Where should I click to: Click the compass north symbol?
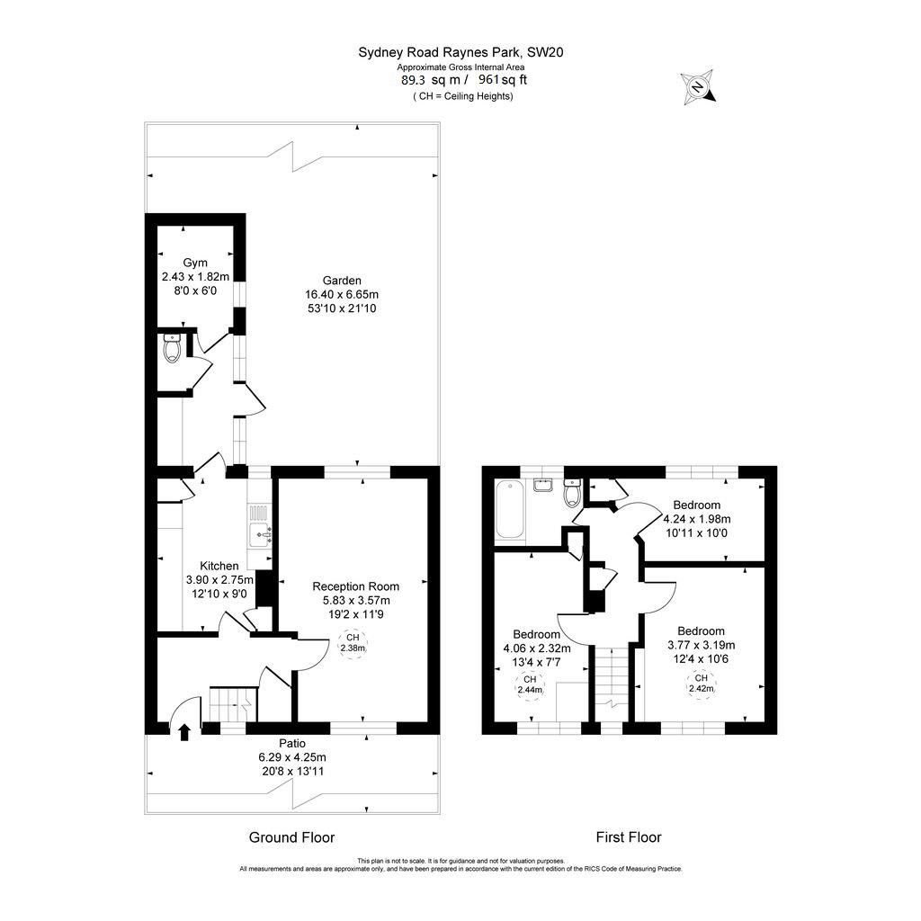tap(697, 87)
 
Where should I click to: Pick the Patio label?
tap(291, 744)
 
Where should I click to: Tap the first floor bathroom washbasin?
tap(542, 487)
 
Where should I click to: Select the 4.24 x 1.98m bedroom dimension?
tap(696, 519)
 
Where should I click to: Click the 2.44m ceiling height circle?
tap(530, 685)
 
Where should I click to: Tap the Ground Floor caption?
tap(291, 837)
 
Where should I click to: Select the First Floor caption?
tap(629, 837)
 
